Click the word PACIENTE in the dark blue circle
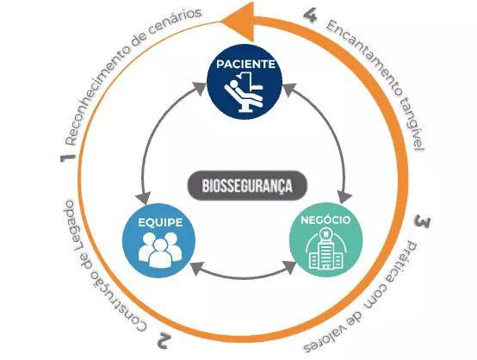coord(245,64)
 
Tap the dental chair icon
coord(244,93)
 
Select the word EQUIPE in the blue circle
coord(160,222)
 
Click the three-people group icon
coord(160,249)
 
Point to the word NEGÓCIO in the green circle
coord(325,220)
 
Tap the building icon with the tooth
coord(325,249)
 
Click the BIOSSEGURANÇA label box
coord(247,185)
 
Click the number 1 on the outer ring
coord(67,158)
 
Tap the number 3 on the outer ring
coord(423,221)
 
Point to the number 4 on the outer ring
coord(310,16)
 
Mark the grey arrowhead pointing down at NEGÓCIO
coord(345,197)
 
